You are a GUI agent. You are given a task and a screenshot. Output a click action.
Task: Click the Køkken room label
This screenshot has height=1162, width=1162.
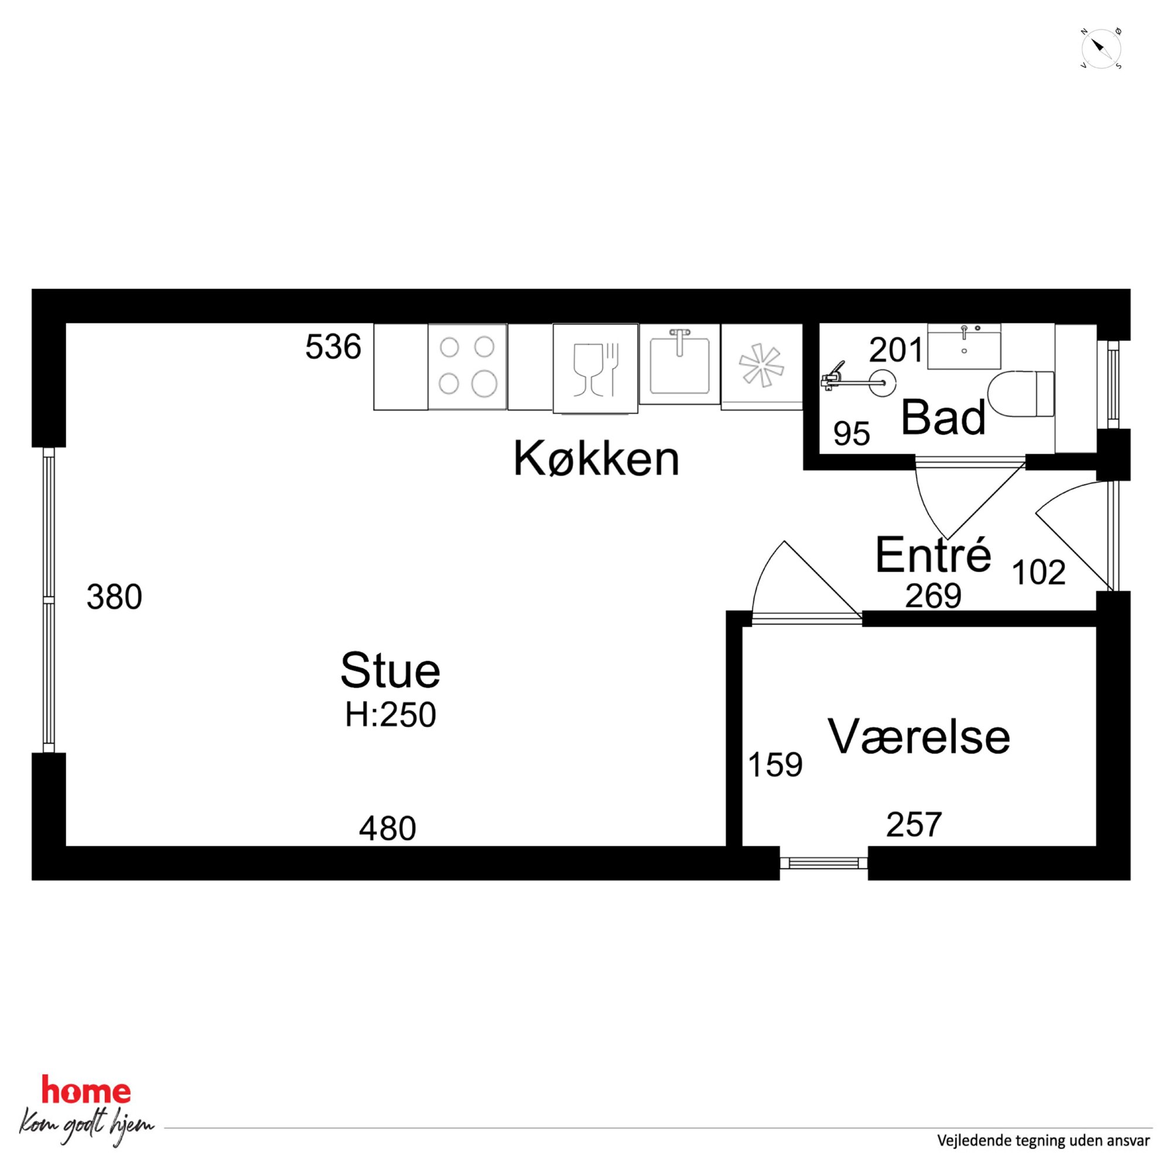pos(596,460)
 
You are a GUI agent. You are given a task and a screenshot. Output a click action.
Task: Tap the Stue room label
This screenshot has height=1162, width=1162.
pos(390,670)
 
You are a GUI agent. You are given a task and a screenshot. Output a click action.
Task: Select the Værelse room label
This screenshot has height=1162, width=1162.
pos(919,736)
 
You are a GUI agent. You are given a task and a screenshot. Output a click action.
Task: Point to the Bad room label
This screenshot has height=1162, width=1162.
pos(943,418)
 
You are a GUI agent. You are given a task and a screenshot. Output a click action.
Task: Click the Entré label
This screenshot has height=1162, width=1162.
pos(933,554)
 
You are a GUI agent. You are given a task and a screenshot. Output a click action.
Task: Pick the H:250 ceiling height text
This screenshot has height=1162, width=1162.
pos(390,715)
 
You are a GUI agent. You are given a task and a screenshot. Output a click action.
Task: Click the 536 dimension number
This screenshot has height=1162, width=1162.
pos(333,347)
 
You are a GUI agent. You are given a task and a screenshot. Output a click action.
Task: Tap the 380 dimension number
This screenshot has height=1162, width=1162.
pos(114,597)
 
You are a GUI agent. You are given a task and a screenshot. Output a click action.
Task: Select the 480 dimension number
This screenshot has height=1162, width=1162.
pos(387,828)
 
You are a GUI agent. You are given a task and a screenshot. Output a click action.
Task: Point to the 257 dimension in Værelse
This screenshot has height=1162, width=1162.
pos(914,825)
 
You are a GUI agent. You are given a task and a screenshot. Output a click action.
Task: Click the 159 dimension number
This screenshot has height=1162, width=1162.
pos(775,764)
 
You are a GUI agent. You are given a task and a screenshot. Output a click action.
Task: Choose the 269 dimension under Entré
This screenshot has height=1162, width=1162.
pos(934,596)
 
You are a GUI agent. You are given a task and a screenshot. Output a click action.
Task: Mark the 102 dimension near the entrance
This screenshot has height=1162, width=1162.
pos(1038,572)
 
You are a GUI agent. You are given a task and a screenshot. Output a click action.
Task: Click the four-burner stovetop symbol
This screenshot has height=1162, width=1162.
pos(467,366)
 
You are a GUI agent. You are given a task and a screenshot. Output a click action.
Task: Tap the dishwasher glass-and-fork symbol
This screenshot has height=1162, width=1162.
pos(596,368)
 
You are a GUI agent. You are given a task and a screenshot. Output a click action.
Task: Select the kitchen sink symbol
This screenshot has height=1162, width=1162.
pos(679,364)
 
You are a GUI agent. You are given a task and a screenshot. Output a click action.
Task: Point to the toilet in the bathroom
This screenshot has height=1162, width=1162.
pos(1021,394)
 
